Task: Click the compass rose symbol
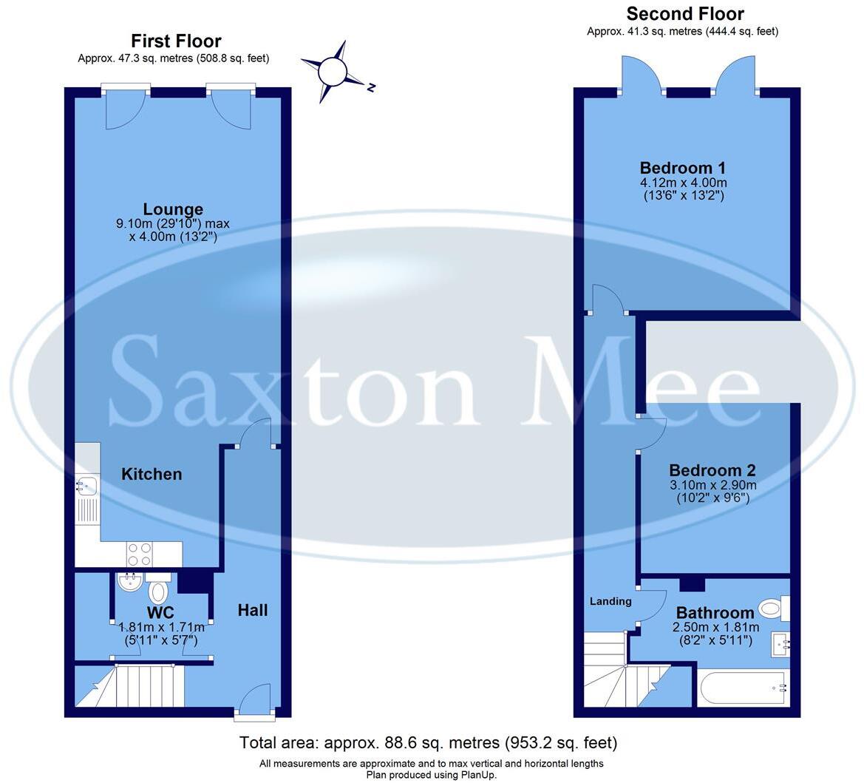click(333, 72)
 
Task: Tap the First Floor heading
click(176, 41)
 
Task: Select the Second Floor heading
click(684, 13)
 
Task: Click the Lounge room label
click(173, 209)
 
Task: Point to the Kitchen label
click(152, 474)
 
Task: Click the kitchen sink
click(86, 487)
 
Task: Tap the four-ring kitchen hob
click(140, 553)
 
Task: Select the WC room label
click(160, 612)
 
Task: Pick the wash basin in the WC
click(130, 581)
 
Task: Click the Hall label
click(253, 610)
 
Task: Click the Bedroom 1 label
click(683, 167)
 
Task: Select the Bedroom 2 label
click(712, 470)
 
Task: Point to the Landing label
click(610, 601)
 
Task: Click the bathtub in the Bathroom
click(743, 688)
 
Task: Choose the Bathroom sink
click(780, 644)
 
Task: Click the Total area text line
click(428, 742)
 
